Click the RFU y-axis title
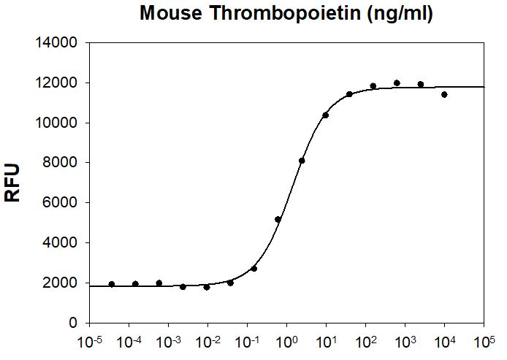coord(13,182)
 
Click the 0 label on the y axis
coord(73,323)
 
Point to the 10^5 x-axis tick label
coord(484,341)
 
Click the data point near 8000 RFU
coord(302,161)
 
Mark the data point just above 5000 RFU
coord(278,219)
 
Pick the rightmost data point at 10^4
coord(444,94)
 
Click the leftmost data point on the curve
coord(112,284)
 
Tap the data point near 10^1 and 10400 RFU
coord(326,115)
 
